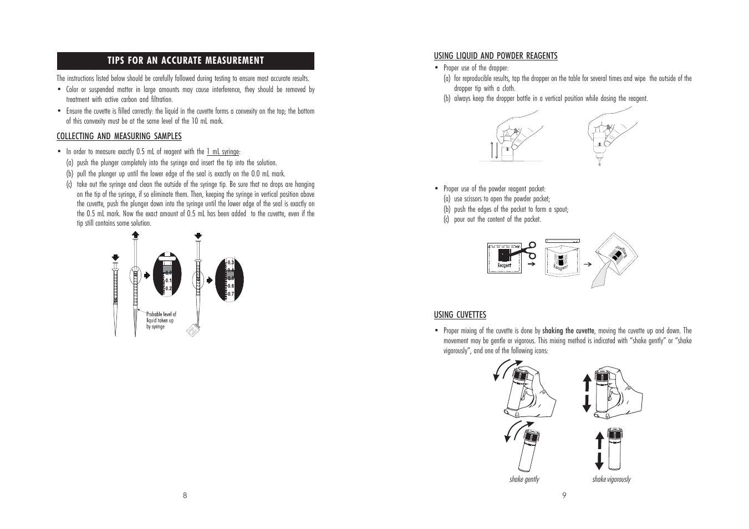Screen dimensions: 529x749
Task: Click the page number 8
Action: coord(185,495)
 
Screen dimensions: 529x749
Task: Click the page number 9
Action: coord(564,495)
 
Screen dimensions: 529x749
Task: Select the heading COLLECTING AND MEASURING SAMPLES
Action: coord(119,136)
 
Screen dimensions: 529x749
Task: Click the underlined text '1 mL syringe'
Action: coord(223,152)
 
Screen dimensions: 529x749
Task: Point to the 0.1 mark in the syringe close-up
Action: coord(168,281)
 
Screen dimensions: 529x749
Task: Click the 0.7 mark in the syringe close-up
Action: coord(231,293)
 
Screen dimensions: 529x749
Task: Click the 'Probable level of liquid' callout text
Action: coord(161,321)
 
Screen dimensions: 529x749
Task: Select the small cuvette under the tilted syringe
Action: coord(192,331)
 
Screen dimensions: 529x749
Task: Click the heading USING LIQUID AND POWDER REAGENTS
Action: coord(496,55)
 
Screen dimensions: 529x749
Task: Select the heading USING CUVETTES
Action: coord(460,315)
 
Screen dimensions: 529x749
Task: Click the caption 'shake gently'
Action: coord(524,479)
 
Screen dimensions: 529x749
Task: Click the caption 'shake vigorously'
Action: coord(611,479)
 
